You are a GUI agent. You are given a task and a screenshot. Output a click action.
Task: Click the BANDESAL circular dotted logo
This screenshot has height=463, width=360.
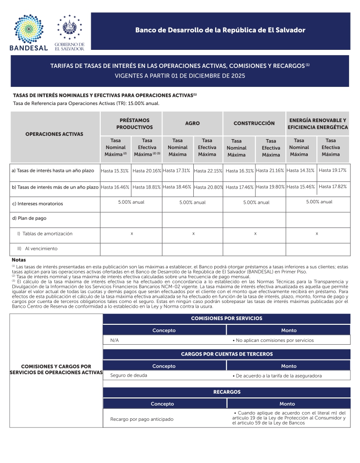[x=28, y=27]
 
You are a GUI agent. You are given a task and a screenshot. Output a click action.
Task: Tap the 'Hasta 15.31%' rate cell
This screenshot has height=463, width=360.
[x=114, y=170]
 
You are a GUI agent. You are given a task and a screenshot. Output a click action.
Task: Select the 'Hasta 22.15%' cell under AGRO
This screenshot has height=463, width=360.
[x=208, y=171]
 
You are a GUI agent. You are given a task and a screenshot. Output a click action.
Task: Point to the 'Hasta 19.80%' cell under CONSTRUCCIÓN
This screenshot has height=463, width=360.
[x=270, y=187]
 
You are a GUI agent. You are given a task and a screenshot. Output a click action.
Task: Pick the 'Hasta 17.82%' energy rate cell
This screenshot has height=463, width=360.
[x=332, y=186]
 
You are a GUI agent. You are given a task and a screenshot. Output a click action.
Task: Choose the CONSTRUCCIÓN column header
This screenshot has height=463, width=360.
[x=254, y=123]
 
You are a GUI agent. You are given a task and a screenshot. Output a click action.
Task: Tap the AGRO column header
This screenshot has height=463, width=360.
[x=192, y=123]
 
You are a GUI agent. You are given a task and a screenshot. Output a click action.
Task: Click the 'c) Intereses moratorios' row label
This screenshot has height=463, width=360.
[x=37, y=204]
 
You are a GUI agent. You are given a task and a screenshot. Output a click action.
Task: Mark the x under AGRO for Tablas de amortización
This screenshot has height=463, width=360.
[x=193, y=234]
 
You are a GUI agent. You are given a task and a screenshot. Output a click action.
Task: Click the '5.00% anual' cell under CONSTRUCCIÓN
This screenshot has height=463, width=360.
[x=256, y=202]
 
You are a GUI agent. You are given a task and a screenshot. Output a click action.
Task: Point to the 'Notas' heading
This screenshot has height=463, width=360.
[x=19, y=260]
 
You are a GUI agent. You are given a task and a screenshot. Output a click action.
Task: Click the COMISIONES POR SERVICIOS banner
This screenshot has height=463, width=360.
[x=227, y=318]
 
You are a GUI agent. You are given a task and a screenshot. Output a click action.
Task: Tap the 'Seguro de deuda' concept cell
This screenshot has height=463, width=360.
[x=128, y=375]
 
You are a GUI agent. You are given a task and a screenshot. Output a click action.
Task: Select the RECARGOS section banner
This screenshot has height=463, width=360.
[x=227, y=392]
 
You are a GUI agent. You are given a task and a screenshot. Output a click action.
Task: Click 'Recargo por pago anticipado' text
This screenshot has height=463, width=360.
[x=142, y=419]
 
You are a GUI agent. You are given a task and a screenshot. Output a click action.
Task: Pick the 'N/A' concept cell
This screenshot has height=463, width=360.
[x=114, y=340]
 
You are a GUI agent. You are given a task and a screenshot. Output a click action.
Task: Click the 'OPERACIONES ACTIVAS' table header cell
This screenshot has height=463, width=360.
[x=54, y=134]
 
